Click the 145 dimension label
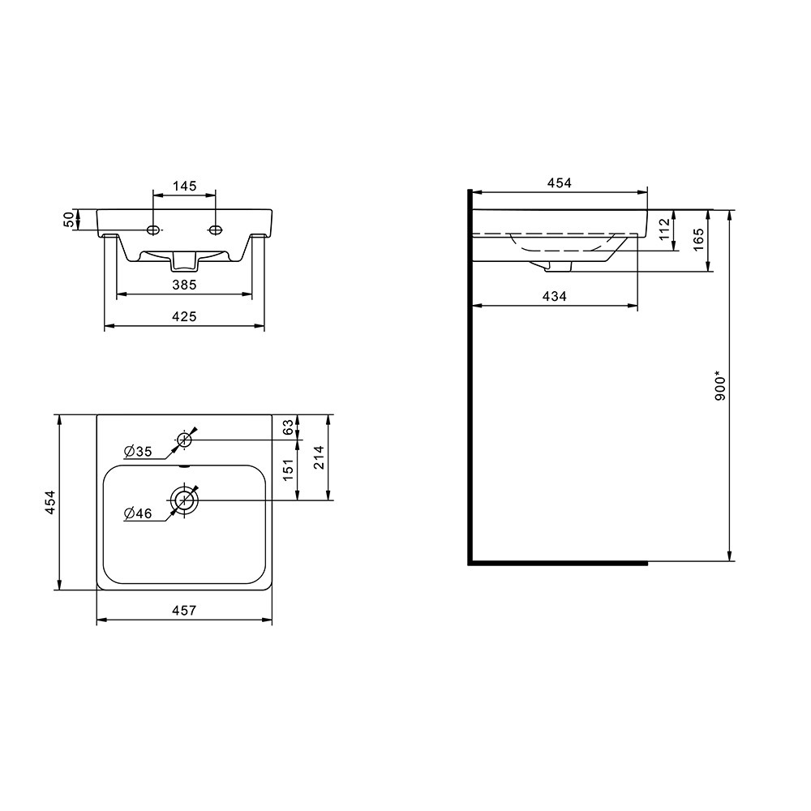coord(185,186)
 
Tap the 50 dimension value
coord(69,219)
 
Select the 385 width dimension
coord(185,285)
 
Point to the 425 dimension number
coord(185,316)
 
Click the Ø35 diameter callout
coord(138,452)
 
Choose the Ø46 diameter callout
coord(138,513)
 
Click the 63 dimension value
coord(288,427)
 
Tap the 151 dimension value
coord(288,470)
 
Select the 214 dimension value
coord(319,457)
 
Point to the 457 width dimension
coord(185,611)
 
